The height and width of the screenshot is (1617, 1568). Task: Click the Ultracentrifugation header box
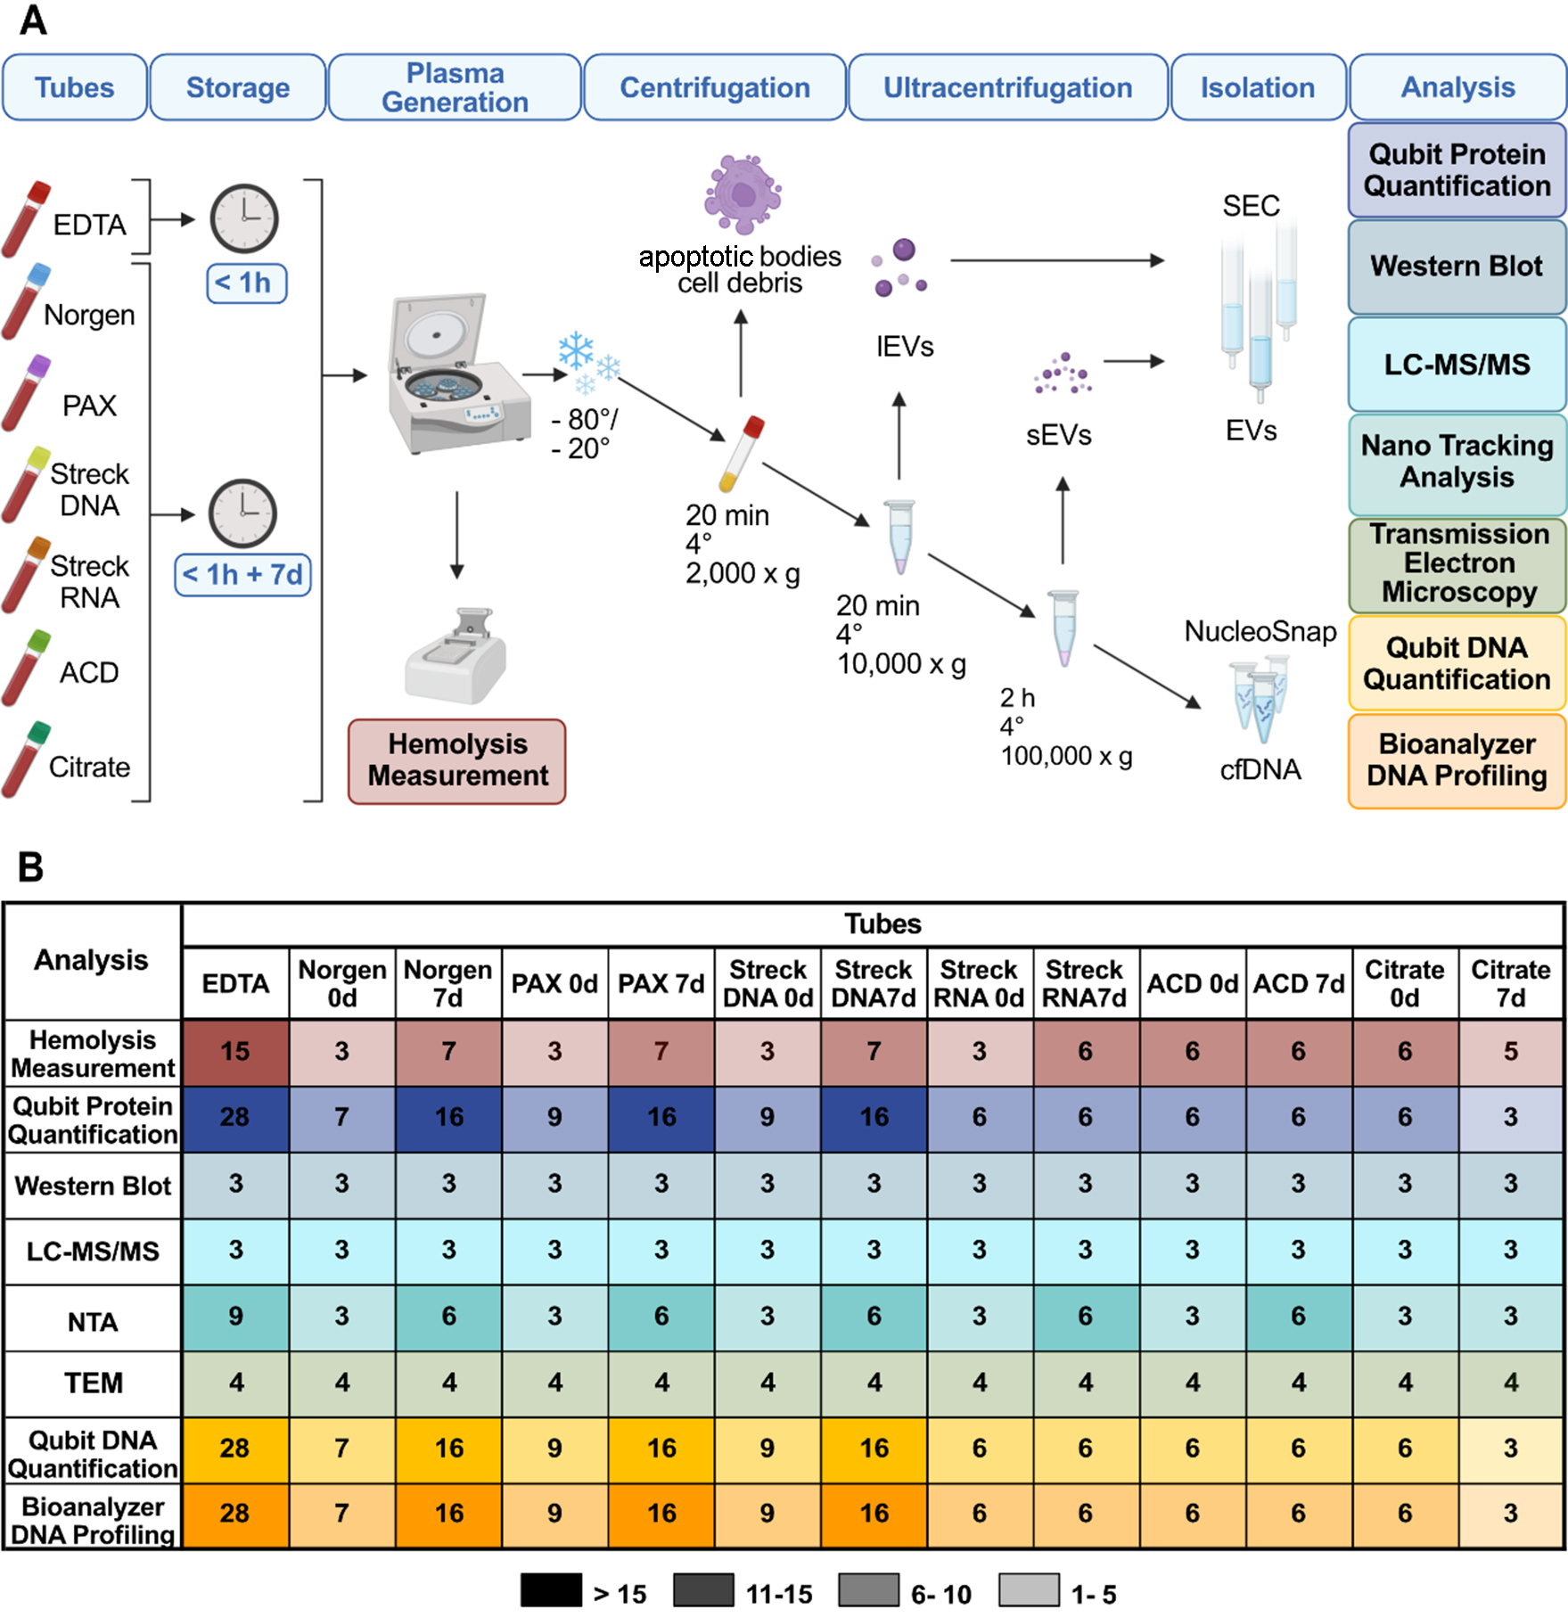click(1007, 87)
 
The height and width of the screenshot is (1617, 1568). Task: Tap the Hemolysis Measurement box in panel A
click(457, 760)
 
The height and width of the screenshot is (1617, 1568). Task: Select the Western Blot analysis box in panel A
click(1457, 267)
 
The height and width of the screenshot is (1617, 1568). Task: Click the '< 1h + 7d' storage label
click(242, 574)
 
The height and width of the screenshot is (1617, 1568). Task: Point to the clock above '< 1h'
click(243, 218)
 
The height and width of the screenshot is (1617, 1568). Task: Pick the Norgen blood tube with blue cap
click(25, 301)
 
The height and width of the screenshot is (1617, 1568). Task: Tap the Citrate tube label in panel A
click(89, 767)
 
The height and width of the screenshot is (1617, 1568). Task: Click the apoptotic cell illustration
click(743, 194)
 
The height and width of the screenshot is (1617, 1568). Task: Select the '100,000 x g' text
click(1066, 757)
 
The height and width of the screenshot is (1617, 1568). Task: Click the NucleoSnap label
click(1260, 632)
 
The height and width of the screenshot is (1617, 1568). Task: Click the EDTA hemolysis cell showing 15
click(235, 1052)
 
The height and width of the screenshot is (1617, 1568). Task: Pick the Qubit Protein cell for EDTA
click(235, 1118)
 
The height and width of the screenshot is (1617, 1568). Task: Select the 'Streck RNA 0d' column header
click(979, 983)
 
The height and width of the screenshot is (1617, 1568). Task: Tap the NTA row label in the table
click(93, 1322)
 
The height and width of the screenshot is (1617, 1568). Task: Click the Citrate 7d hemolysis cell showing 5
click(1510, 1052)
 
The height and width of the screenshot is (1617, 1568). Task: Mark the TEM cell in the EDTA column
click(235, 1383)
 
